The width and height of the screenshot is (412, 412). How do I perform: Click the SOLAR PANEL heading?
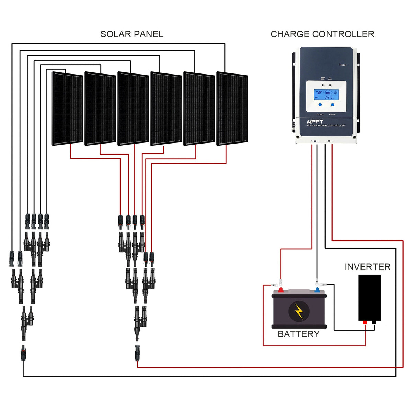(131, 34)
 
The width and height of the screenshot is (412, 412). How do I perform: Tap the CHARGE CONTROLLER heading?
(322, 34)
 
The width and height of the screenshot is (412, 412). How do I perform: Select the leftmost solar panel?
(68, 108)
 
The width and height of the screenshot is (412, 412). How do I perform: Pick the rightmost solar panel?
(232, 108)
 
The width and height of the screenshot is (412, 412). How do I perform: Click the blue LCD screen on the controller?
(326, 94)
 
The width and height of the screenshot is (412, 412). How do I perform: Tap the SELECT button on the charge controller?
(320, 105)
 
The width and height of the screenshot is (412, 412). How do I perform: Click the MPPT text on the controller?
(315, 122)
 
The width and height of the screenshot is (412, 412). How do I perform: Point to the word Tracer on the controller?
(342, 65)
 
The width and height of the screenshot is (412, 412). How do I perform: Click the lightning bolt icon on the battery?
(299, 311)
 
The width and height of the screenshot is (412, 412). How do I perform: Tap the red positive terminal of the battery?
(281, 290)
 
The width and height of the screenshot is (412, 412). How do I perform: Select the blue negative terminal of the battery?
(317, 290)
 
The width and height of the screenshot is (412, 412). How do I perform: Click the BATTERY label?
(298, 334)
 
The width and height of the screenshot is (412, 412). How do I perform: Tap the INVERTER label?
(367, 267)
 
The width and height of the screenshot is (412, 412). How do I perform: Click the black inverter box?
(370, 297)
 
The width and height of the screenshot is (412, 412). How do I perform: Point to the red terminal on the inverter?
(365, 322)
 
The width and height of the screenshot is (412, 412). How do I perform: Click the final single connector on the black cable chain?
(23, 353)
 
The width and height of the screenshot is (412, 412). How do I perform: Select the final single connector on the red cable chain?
(137, 353)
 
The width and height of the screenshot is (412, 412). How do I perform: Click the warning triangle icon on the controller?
(330, 78)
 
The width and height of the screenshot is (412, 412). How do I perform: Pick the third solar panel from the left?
(133, 108)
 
